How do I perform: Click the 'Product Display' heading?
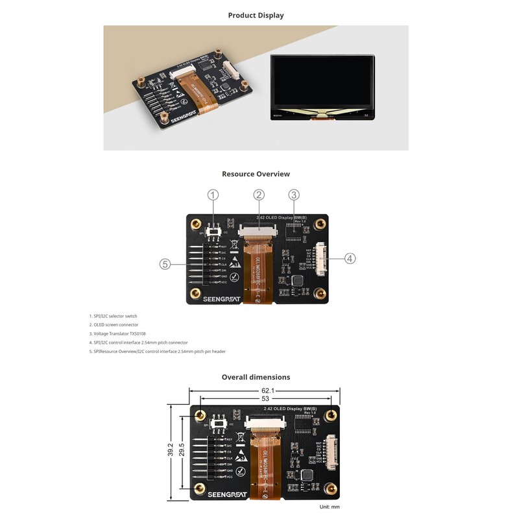click(x=256, y=15)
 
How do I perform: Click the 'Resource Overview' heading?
click(x=256, y=174)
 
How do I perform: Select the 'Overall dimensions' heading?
click(x=256, y=377)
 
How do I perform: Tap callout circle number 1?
click(x=213, y=195)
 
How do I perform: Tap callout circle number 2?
click(x=259, y=195)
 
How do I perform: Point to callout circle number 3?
click(x=293, y=195)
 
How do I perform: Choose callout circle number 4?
click(x=350, y=258)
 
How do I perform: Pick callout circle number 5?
click(x=165, y=264)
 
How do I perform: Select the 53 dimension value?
click(x=265, y=399)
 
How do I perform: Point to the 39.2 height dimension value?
click(x=170, y=450)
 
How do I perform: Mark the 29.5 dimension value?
click(x=182, y=450)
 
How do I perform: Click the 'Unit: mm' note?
click(x=330, y=507)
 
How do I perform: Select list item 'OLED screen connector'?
click(x=114, y=324)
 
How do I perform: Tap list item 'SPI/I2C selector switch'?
click(x=115, y=315)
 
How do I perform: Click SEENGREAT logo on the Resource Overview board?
click(x=221, y=299)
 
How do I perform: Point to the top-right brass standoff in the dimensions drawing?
click(x=331, y=415)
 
